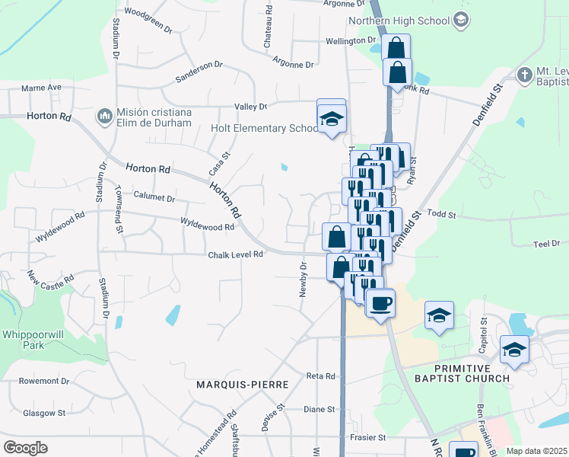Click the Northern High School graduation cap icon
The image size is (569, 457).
pyautogui.click(x=460, y=19)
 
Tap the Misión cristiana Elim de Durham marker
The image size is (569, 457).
pyautogui.click(x=104, y=117)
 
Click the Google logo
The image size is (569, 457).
pyautogui.click(x=25, y=448)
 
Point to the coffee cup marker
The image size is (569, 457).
pyautogui.click(x=380, y=303)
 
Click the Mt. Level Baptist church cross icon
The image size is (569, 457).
pyautogui.click(x=523, y=75)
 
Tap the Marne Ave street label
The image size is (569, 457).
pyautogui.click(x=41, y=88)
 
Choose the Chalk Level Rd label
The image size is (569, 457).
pyautogui.click(x=235, y=255)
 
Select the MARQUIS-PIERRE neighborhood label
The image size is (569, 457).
pyautogui.click(x=242, y=385)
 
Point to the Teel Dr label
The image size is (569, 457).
pyautogui.click(x=546, y=244)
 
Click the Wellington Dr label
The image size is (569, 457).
pyautogui.click(x=351, y=40)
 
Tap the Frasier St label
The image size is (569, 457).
pyautogui.click(x=367, y=438)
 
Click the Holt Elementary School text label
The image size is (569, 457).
pyautogui.click(x=264, y=129)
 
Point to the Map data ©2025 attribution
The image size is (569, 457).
pyautogui.click(x=536, y=451)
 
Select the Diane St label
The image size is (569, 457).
pyautogui.click(x=319, y=409)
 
